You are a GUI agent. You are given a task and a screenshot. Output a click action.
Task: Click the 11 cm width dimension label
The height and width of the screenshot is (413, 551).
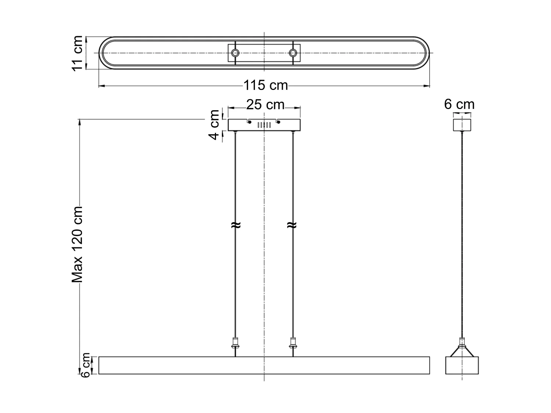click(77, 53)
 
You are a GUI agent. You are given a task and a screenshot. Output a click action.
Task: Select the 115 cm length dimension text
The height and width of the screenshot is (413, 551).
click(266, 86)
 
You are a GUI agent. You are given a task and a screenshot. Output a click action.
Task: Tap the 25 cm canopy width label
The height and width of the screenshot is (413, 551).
click(265, 105)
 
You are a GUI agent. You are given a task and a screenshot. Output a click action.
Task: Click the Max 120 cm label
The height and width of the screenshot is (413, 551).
click(78, 244)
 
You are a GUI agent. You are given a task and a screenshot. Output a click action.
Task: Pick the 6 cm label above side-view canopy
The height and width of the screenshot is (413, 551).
click(459, 105)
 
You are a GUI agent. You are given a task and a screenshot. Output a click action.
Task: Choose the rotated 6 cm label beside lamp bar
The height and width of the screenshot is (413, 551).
click(85, 365)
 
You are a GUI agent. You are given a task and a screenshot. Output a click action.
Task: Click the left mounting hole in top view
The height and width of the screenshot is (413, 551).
click(235, 53)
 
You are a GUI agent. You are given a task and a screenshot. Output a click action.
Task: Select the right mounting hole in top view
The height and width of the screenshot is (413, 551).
click(293, 53)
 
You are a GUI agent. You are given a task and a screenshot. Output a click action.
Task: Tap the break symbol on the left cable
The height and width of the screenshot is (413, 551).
click(235, 225)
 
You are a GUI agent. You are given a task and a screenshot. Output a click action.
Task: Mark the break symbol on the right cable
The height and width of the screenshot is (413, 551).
click(292, 225)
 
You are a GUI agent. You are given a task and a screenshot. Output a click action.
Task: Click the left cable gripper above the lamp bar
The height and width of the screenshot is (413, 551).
click(235, 344)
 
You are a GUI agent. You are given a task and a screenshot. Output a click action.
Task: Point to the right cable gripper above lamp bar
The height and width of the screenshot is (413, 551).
click(293, 344)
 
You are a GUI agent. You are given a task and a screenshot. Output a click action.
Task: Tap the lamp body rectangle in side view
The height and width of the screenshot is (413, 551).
click(462, 365)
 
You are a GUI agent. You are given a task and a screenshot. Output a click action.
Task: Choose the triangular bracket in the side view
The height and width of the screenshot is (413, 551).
click(462, 349)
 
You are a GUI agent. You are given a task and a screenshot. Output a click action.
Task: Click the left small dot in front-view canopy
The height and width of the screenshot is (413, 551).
click(249, 123)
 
